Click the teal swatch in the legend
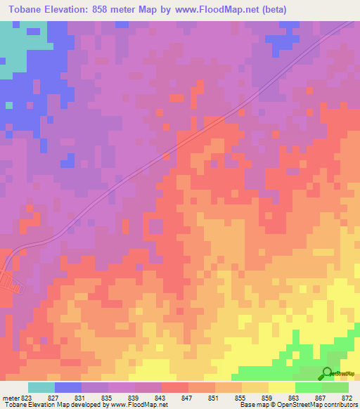[x=41, y=387]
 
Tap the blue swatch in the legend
[x=68, y=387]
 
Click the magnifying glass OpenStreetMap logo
[x=328, y=374]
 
